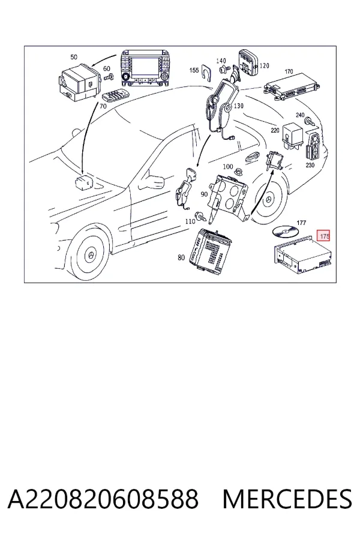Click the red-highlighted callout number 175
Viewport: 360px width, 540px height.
coord(324,236)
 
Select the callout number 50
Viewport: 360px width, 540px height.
coord(74,57)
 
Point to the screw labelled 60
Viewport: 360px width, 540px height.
coord(109,76)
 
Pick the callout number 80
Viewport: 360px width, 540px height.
coord(181,257)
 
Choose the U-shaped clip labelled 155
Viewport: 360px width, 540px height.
coord(206,73)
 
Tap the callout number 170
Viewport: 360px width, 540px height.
coord(289,71)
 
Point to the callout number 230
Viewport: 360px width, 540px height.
coord(310,165)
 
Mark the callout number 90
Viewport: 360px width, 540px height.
coord(204,194)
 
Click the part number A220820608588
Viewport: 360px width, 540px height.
coord(103,499)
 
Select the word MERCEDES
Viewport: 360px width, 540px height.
coord(287,499)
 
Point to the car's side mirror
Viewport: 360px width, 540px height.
coord(152,181)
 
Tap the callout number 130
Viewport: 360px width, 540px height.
coord(238,106)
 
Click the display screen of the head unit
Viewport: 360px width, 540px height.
coord(145,67)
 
